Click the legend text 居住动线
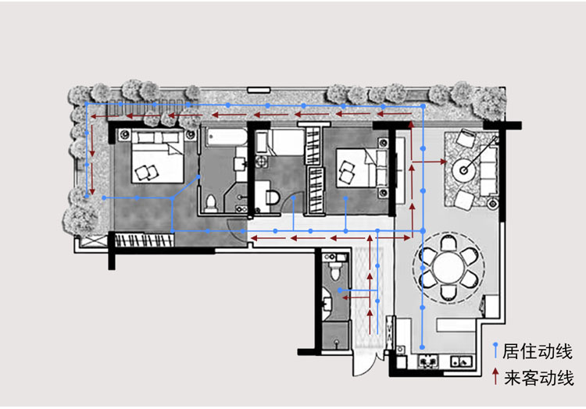(x=537, y=351)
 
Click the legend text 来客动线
(x=538, y=378)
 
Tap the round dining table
(x=448, y=268)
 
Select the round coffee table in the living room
(x=464, y=171)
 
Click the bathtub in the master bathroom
(x=226, y=137)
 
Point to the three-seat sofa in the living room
(x=488, y=171)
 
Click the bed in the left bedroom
(x=157, y=156)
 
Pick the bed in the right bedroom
(x=356, y=168)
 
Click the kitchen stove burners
(x=428, y=361)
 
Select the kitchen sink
(x=462, y=361)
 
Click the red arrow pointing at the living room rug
(x=429, y=162)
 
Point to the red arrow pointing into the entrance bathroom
(x=356, y=297)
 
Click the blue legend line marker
(x=495, y=350)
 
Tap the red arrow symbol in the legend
(x=495, y=376)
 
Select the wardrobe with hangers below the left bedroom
(x=144, y=240)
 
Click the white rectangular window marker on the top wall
(x=259, y=90)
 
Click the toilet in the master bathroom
(x=211, y=204)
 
